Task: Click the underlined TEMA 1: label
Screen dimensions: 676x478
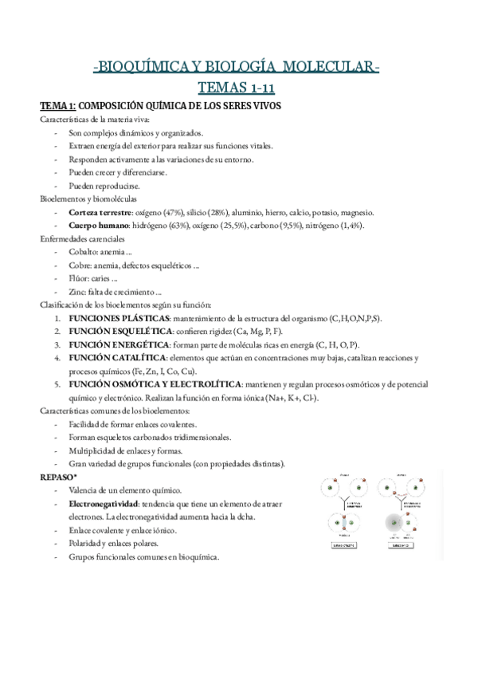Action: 58,107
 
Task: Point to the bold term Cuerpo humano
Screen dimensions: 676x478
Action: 99,226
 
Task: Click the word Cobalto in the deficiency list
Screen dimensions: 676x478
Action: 84,252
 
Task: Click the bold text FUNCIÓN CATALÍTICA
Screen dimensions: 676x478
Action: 117,358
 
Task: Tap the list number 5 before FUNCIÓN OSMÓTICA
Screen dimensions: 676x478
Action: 57,384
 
